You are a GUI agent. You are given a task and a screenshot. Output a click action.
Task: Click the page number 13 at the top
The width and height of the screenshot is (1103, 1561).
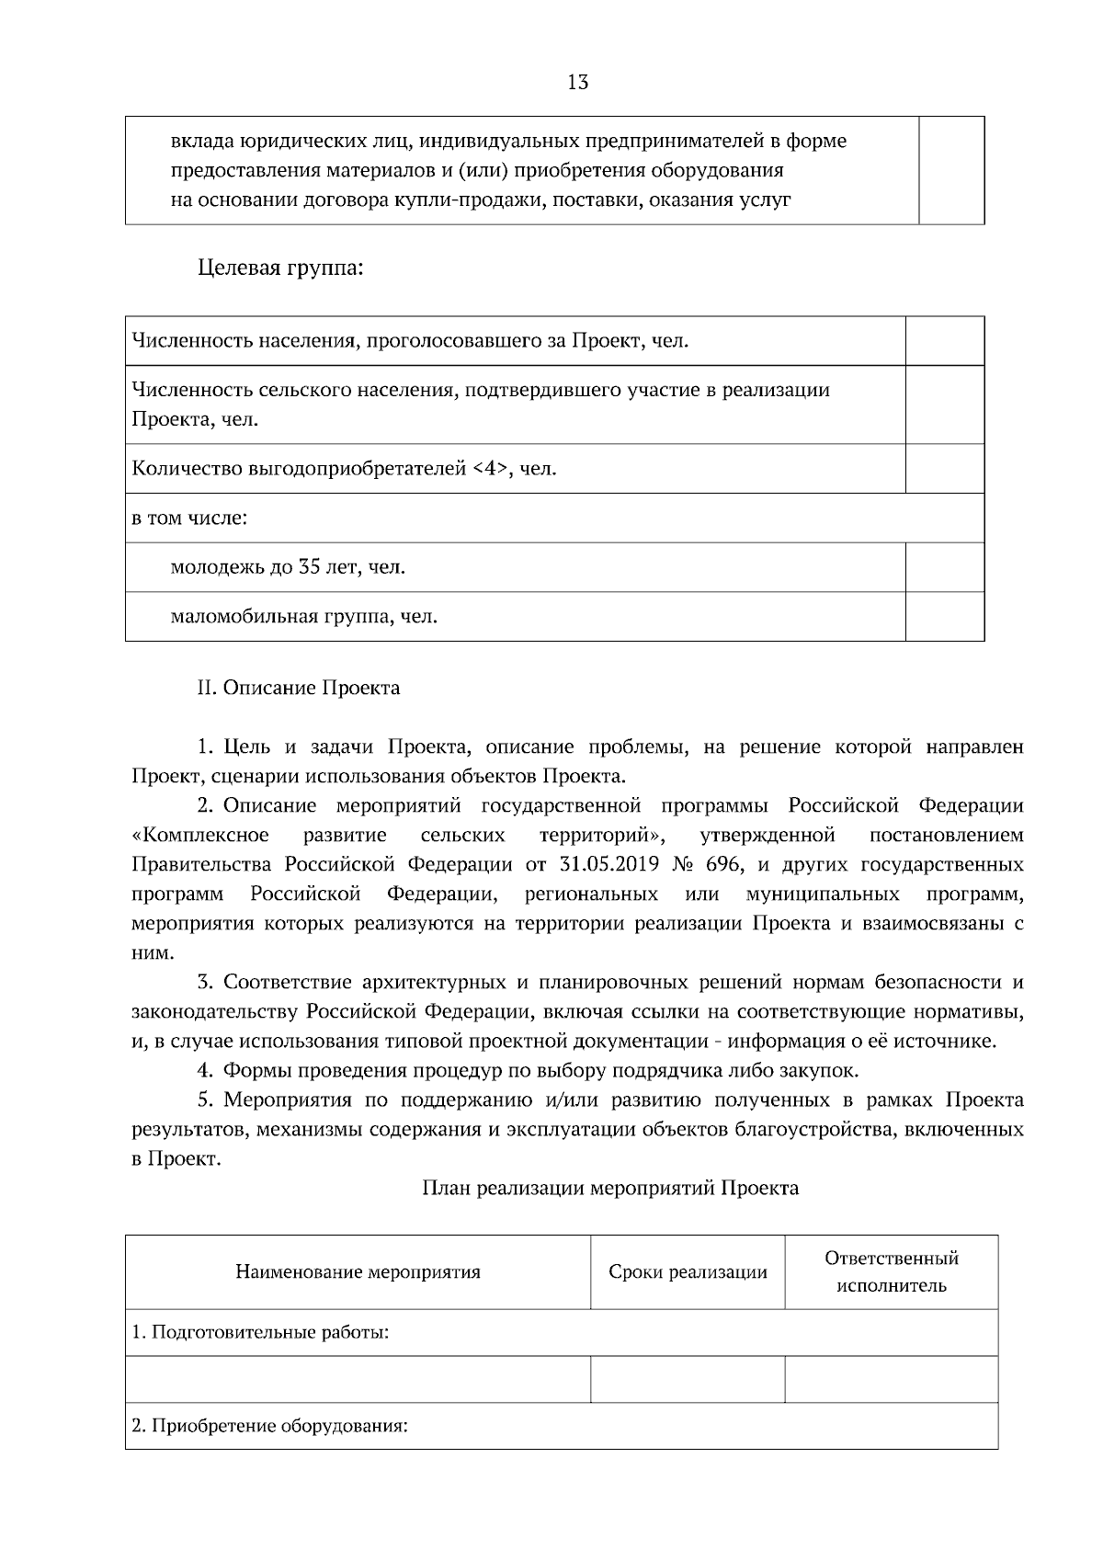point(578,83)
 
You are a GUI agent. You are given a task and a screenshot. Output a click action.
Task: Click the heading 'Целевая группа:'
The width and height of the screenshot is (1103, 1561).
point(280,269)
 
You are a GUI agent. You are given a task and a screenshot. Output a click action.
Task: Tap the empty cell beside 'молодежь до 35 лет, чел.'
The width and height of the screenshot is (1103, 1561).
point(944,567)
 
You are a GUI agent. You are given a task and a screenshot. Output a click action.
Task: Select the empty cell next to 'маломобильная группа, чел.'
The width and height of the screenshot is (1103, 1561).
point(944,616)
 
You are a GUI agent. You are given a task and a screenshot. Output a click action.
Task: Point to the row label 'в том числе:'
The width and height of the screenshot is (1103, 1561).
point(190,518)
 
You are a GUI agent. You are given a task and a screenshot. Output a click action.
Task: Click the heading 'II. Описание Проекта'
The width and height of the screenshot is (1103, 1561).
point(299,688)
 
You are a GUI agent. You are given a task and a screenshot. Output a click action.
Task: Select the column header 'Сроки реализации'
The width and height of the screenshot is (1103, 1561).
point(688,1272)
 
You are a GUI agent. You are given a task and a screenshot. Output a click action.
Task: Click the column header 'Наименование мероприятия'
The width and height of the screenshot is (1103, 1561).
point(358,1272)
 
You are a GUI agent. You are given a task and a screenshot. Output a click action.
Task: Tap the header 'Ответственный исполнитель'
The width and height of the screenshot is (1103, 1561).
point(891,1271)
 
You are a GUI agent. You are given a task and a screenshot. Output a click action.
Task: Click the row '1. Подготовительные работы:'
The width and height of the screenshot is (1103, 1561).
point(261,1332)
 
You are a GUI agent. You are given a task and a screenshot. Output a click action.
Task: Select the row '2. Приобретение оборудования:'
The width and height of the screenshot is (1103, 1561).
point(269,1426)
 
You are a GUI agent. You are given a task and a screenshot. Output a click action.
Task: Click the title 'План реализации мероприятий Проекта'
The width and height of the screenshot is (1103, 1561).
point(610,1189)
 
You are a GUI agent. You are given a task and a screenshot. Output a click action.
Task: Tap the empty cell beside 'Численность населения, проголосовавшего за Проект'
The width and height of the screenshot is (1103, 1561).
point(944,341)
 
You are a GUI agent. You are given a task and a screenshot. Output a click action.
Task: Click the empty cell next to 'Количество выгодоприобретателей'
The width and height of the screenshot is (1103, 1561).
point(944,470)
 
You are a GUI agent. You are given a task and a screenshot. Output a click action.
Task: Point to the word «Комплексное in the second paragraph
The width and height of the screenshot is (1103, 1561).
point(201,836)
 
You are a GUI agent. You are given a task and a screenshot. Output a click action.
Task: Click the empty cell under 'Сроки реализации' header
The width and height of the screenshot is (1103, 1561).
point(688,1379)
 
